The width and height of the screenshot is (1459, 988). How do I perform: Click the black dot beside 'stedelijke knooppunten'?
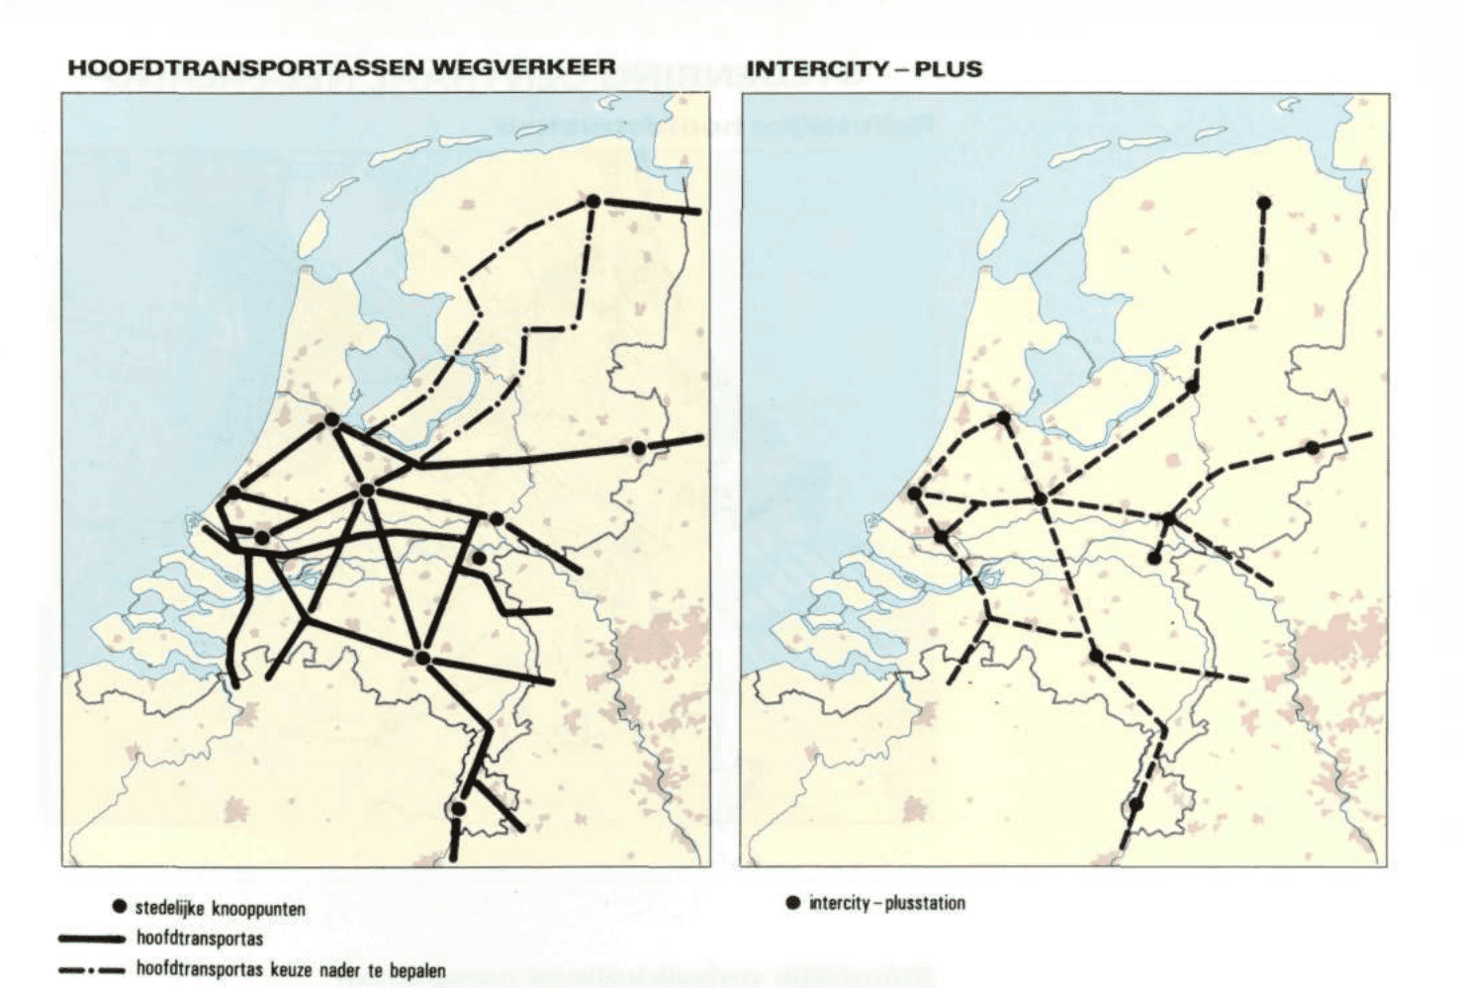pos(120,908)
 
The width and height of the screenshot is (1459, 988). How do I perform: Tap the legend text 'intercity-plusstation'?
pos(886,903)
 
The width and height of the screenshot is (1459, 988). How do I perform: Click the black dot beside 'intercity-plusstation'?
pos(792,903)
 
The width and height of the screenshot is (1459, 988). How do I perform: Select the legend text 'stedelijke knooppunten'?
pos(221,908)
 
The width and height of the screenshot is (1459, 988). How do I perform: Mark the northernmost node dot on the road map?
pos(593,201)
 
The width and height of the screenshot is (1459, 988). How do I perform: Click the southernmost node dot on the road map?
pos(458,809)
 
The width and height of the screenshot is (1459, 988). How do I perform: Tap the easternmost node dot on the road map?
pos(639,448)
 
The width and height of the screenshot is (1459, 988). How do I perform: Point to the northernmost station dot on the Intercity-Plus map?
pos(1263,203)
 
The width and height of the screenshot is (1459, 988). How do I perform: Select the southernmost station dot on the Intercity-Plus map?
pos(1137,804)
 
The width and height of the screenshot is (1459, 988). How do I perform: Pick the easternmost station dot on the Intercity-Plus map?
pos(1313,448)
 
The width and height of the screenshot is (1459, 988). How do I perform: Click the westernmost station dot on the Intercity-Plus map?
pos(915,493)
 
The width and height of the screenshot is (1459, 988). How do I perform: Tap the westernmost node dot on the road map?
pos(233,493)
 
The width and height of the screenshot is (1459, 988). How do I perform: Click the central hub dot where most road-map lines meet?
pos(367,490)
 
